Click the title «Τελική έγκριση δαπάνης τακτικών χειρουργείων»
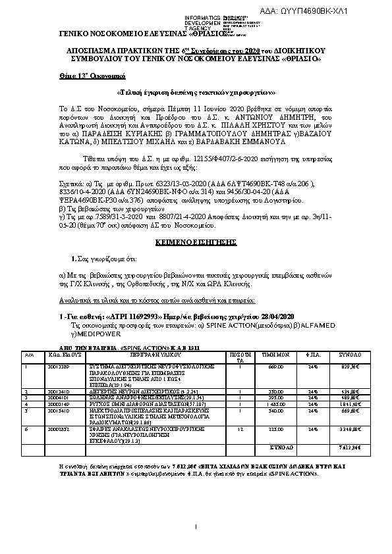pyautogui.click(x=196, y=93)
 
